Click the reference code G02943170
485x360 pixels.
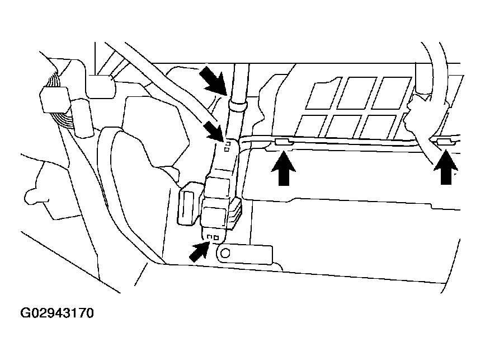coord(57,313)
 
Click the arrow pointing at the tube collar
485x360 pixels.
coord(214,81)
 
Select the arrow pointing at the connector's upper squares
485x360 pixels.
coord(214,131)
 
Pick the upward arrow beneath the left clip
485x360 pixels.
coord(283,169)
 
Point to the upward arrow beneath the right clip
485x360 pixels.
coord(446,167)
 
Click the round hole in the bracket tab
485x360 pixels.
coord(225,254)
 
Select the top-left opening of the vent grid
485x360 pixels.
coord(324,94)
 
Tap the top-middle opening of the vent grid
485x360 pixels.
coord(357,93)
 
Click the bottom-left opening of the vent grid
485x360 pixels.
coord(311,125)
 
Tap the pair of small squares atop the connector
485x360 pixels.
coord(227,147)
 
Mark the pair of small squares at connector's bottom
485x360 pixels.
coord(213,237)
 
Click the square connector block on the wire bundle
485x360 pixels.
coord(55,100)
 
